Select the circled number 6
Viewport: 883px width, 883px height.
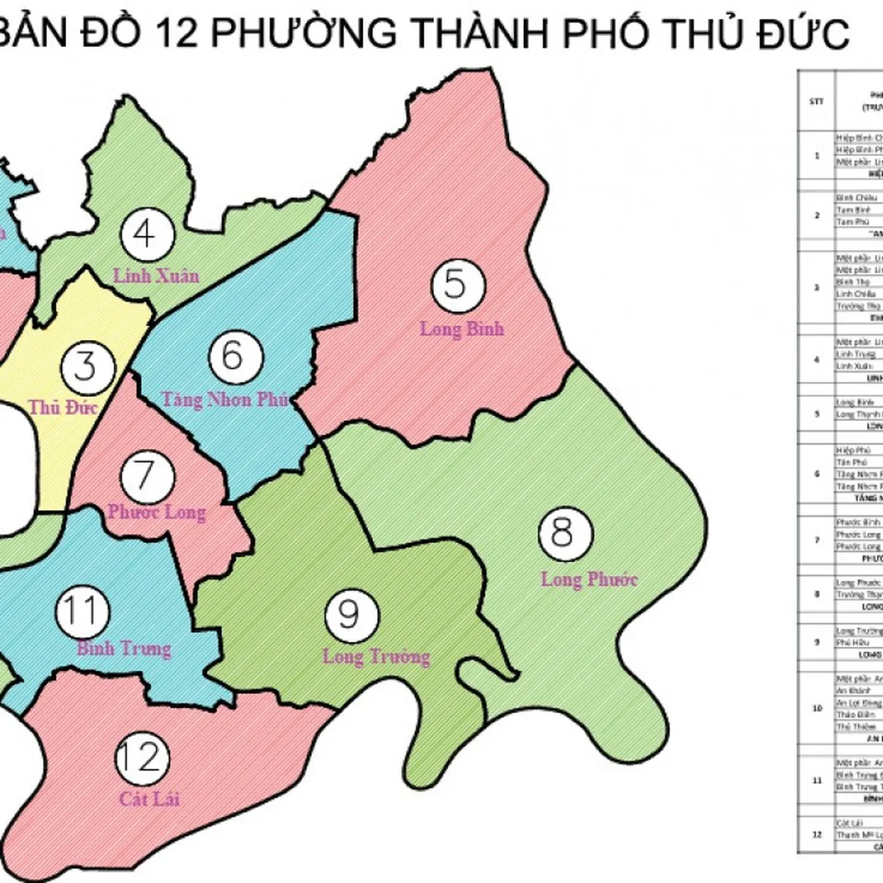coord(231,356)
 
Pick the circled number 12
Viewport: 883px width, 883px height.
coord(141,758)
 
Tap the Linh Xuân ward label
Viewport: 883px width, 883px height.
coord(155,275)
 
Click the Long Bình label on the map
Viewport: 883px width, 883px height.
coord(462,328)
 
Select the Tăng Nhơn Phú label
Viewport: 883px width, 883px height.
coord(225,400)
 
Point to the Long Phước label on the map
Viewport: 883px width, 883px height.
coord(589,579)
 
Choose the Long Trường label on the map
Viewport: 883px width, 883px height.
coord(376,656)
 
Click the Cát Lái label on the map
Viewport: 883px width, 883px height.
coord(149,798)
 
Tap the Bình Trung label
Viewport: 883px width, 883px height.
coord(124,649)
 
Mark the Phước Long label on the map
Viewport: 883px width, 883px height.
coord(156,511)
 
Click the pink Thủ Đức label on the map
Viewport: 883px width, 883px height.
coord(63,406)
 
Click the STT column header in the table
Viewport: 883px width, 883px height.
coord(816,102)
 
